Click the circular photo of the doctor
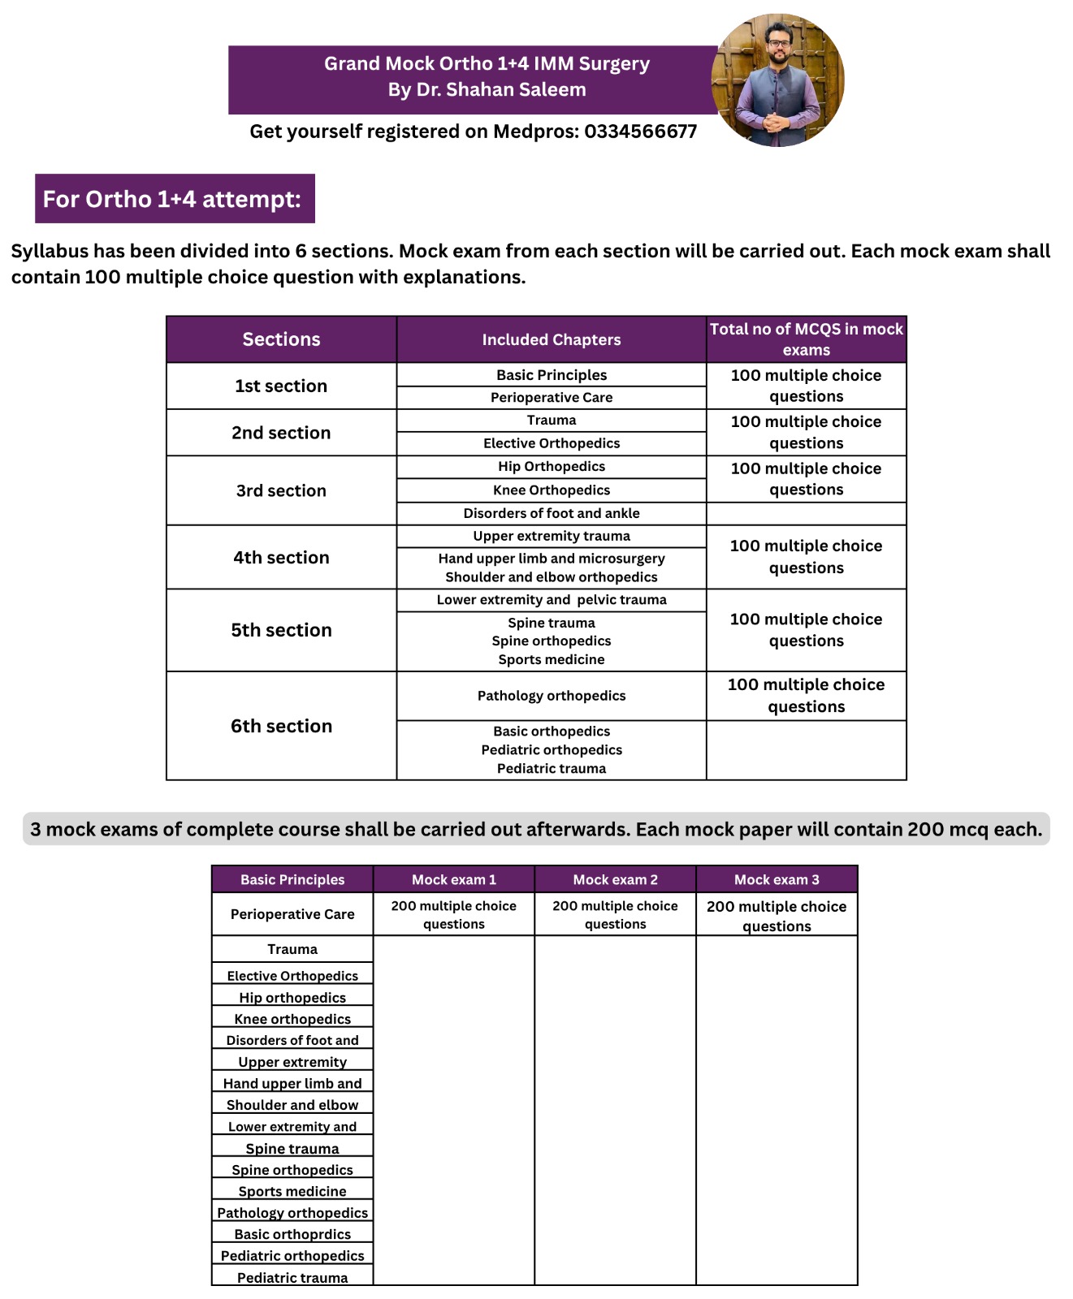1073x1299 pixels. [777, 80]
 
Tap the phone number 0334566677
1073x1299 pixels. [640, 132]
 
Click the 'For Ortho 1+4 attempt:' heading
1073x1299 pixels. [175, 199]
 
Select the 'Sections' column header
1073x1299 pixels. [281, 339]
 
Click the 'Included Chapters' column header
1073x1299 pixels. [551, 339]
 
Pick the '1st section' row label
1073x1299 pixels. [281, 386]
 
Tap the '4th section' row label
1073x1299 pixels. [281, 557]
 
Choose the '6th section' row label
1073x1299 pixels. [281, 726]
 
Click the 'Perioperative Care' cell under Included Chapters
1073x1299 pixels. [551, 397]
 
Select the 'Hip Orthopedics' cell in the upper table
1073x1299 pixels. [551, 466]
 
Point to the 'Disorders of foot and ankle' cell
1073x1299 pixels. [551, 513]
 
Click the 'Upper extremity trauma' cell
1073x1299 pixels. [551, 536]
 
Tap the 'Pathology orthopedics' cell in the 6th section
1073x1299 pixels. [551, 696]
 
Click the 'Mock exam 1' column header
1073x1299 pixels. [453, 879]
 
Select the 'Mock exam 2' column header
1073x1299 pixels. [615, 879]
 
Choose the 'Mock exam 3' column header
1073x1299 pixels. [777, 879]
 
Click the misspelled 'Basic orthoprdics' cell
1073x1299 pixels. [292, 1234]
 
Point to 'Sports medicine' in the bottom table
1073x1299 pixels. [292, 1191]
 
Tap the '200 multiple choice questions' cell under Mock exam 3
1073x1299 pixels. [777, 916]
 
